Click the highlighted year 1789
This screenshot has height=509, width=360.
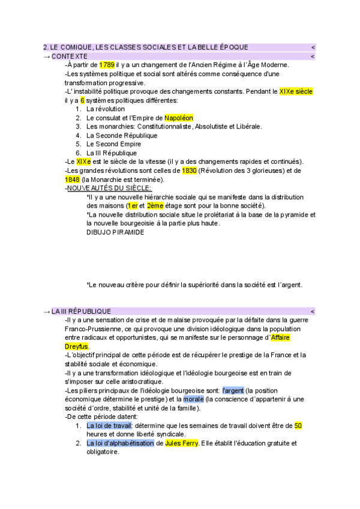[x=107, y=65]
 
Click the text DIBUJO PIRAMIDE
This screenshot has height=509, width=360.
[x=115, y=232]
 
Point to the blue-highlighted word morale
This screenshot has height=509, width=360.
[x=193, y=399]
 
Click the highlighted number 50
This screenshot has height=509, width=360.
[x=298, y=426]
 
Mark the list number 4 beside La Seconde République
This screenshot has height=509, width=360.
[x=79, y=135]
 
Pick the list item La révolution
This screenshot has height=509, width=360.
[x=106, y=109]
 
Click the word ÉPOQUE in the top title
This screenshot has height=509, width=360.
[x=230, y=47]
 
